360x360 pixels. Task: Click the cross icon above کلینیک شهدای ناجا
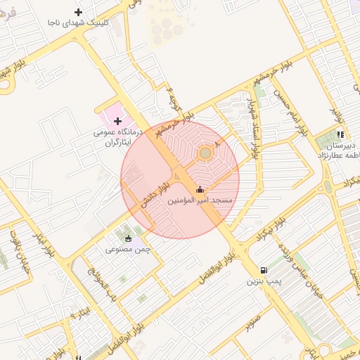point(78,12)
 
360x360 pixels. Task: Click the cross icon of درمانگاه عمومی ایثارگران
point(117,122)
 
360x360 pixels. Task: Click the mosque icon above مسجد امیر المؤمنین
point(200,189)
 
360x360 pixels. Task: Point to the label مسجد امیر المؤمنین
point(200,201)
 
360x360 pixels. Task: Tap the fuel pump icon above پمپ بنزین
point(264,269)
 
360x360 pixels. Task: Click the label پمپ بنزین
point(264,281)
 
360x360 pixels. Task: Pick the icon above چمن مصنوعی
point(128,237)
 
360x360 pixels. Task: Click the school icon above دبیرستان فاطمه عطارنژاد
point(340,134)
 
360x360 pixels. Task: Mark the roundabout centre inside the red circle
point(205,153)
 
